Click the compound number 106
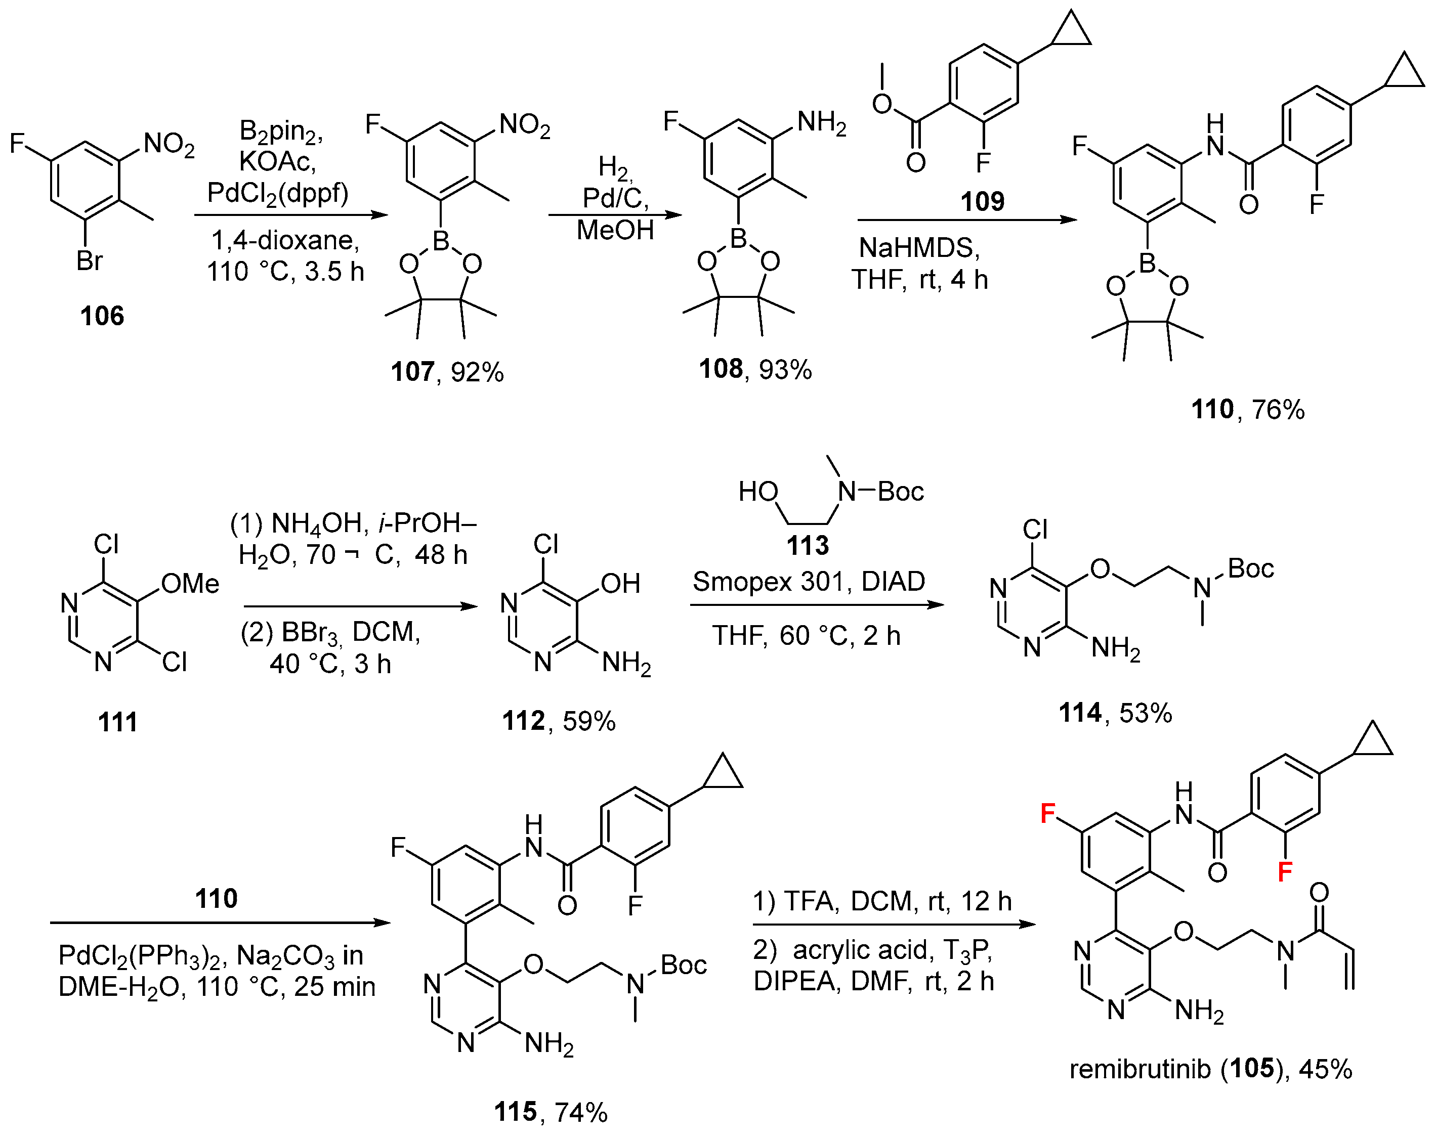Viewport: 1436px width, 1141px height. tap(102, 316)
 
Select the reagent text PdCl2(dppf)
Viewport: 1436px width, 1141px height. tap(278, 193)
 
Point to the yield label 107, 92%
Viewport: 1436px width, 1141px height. tap(447, 371)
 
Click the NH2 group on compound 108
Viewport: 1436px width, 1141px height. tap(821, 123)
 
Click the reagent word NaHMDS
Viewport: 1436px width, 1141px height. tap(919, 248)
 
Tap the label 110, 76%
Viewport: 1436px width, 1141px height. tap(1247, 409)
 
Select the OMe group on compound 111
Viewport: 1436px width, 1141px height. tap(190, 584)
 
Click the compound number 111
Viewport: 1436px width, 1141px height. tap(118, 722)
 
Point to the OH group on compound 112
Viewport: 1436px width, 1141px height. tap(620, 584)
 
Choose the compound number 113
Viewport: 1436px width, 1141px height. tap(807, 545)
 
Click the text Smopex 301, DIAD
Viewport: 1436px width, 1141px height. tap(809, 582)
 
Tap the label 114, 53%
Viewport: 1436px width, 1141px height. tap(1115, 713)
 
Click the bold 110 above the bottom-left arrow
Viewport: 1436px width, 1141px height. tap(217, 899)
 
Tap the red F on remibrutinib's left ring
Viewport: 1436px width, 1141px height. tap(1048, 813)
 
